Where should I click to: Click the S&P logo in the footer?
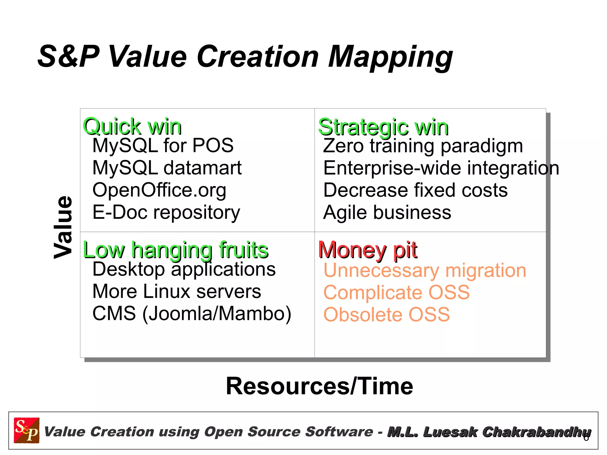(x=27, y=430)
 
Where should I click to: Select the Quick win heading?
(x=132, y=127)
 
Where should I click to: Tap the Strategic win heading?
(x=383, y=127)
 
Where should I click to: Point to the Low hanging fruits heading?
(x=176, y=250)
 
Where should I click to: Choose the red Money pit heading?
(x=368, y=250)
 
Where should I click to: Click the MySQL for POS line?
(x=163, y=146)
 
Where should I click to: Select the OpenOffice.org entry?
(x=159, y=190)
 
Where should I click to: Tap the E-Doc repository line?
(x=166, y=212)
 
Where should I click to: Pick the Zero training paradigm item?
(x=423, y=146)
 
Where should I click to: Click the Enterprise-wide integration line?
(x=441, y=168)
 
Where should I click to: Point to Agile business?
(x=387, y=213)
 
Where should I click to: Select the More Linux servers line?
(x=177, y=291)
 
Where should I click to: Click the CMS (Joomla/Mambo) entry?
(x=192, y=314)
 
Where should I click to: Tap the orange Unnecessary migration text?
(x=425, y=270)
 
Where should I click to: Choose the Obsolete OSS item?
(x=386, y=314)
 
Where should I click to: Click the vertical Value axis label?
(x=63, y=227)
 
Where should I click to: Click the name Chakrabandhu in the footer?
(x=536, y=432)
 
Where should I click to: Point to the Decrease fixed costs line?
(x=415, y=190)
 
